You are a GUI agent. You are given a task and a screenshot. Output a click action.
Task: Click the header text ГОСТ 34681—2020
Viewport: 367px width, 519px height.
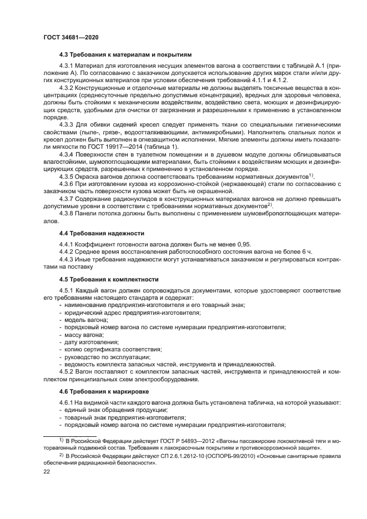coord(71,37)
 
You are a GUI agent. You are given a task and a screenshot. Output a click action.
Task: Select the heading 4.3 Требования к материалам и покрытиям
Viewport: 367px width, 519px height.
coord(125,56)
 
